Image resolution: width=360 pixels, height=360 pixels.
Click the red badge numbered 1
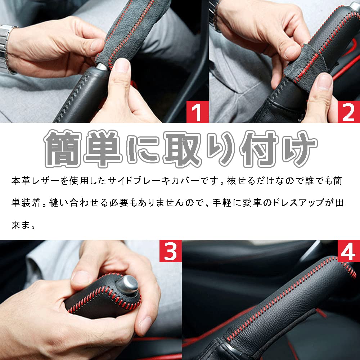[197, 112]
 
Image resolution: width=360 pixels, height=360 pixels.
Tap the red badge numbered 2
[348, 112]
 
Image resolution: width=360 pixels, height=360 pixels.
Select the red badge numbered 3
[170, 251]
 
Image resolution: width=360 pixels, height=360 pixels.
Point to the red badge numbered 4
[348, 251]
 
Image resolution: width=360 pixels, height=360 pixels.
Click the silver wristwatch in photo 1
[6, 48]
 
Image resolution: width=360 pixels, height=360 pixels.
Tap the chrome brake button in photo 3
[127, 285]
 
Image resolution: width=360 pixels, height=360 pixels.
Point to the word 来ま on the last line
[21, 225]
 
